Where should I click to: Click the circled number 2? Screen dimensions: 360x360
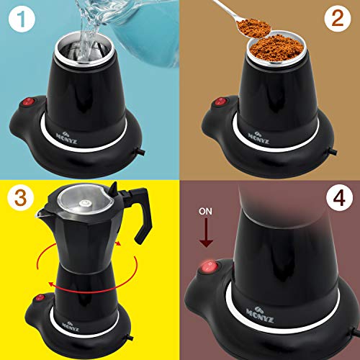click(x=337, y=22)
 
